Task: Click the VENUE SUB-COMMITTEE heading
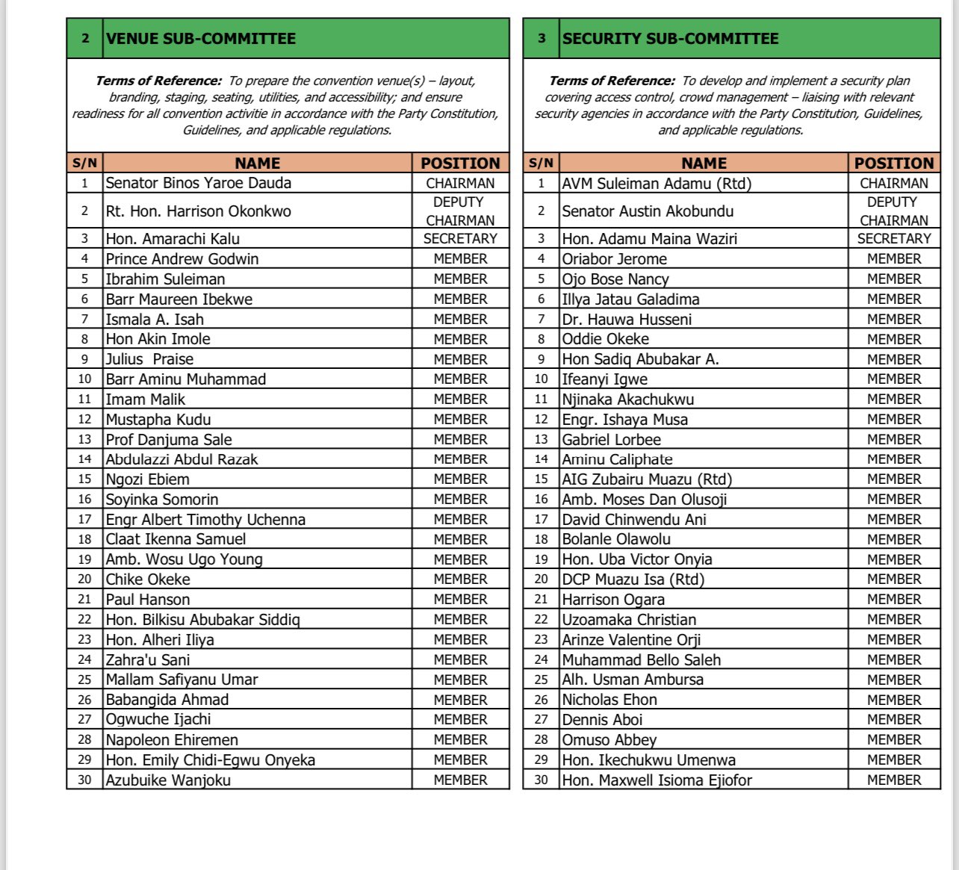201,39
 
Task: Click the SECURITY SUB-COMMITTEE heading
670,39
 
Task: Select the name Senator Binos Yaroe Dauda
199,183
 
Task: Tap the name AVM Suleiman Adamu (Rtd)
657,183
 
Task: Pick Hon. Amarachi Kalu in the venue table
173,239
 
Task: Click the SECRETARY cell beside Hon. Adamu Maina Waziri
894,239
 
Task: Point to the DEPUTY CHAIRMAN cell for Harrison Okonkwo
460,211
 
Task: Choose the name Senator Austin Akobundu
648,211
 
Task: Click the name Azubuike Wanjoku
168,780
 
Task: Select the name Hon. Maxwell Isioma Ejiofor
657,780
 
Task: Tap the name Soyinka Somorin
162,500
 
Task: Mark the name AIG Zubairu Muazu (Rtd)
647,479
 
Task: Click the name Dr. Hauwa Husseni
627,320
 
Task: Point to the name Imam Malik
145,400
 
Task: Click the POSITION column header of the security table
894,164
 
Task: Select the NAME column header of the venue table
257,164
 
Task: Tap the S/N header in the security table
541,164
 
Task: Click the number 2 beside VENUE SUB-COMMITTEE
85,39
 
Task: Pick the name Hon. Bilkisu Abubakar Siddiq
202,620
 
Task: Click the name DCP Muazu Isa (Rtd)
633,580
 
